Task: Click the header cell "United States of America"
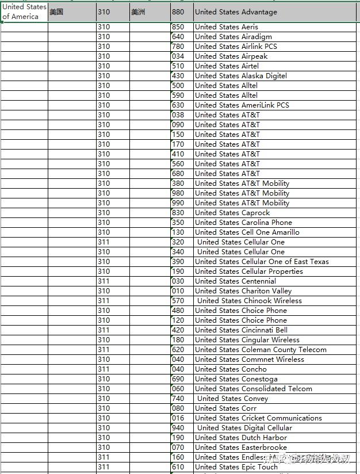24,12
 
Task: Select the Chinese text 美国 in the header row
56,12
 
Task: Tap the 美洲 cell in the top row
139,12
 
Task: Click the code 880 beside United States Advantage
178,12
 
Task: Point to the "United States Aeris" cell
226,27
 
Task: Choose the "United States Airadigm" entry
233,37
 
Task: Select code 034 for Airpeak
178,56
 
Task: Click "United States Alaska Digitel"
240,76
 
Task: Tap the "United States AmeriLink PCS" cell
242,105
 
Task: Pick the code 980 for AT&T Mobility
178,193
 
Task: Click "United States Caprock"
232,213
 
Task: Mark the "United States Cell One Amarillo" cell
247,232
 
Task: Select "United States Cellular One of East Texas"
262,262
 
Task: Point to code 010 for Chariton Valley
178,291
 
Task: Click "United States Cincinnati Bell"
241,330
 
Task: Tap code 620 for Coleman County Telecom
178,350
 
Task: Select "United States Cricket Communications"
258,418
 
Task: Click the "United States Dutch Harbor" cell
240,438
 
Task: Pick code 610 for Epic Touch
178,467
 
